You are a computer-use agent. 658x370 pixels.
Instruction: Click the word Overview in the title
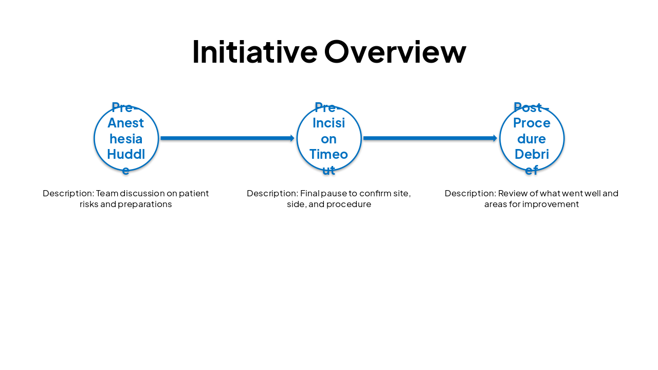395,52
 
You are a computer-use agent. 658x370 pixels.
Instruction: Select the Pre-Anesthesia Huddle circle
126,138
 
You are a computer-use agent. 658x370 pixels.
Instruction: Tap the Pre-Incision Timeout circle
329,138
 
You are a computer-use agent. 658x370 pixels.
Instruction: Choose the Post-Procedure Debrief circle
532,138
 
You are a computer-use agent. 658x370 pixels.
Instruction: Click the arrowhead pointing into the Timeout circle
292,138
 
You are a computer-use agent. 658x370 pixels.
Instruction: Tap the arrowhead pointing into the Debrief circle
495,138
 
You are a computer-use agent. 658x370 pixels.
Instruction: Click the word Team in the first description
106,193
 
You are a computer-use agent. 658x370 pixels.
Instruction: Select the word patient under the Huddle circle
194,193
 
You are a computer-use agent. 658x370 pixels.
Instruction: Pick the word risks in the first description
88,204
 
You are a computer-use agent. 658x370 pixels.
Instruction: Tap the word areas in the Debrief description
495,204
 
